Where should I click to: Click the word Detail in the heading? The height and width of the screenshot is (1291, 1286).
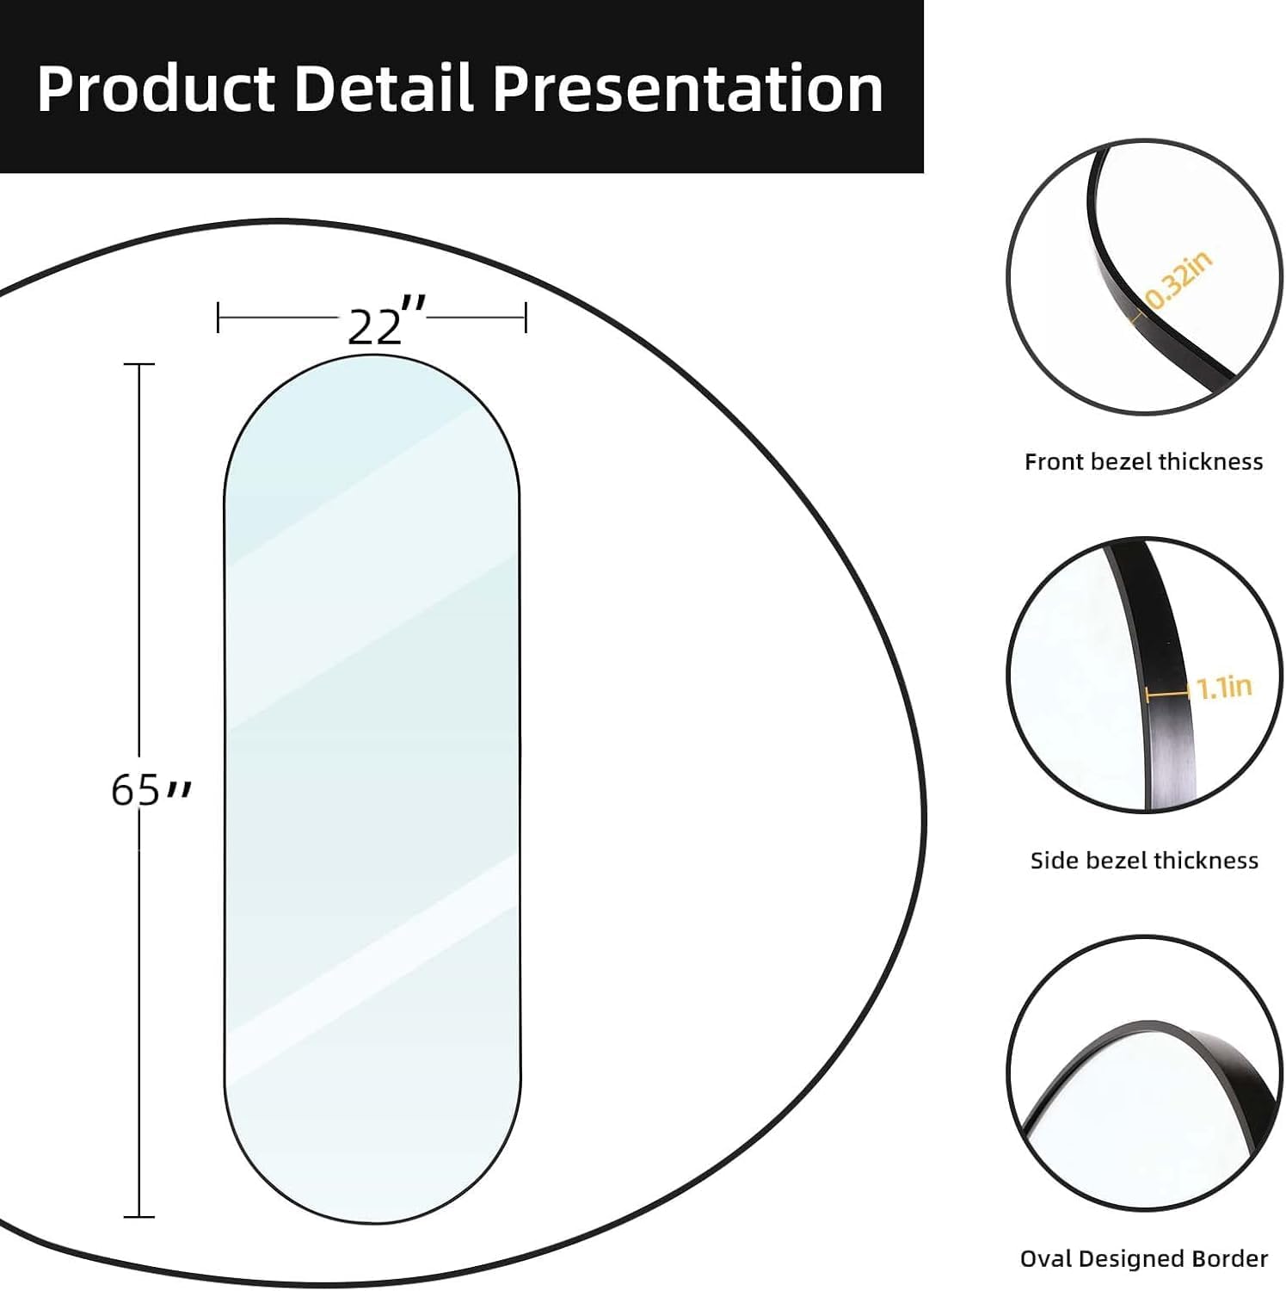click(384, 89)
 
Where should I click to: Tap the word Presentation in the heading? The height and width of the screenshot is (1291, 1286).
click(687, 89)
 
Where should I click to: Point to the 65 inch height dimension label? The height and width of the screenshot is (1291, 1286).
click(148, 789)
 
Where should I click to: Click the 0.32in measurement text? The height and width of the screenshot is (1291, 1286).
click(1179, 280)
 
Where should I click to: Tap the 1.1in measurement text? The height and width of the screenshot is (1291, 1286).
click(1224, 687)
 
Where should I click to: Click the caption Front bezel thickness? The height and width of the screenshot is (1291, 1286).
click(1143, 462)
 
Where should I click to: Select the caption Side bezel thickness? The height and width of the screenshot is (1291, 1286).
click(1144, 861)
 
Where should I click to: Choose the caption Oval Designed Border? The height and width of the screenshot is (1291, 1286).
click(1144, 1259)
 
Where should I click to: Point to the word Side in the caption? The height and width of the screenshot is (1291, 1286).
click(1055, 861)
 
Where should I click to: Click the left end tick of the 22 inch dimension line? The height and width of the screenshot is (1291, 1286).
click(218, 318)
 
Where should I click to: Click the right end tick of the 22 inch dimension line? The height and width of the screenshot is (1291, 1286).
click(525, 318)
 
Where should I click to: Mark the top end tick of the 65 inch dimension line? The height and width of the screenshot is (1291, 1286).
click(139, 365)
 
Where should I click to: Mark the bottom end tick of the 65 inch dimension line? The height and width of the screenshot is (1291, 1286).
click(139, 1217)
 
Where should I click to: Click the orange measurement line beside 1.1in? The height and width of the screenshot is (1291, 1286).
click(1169, 691)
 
